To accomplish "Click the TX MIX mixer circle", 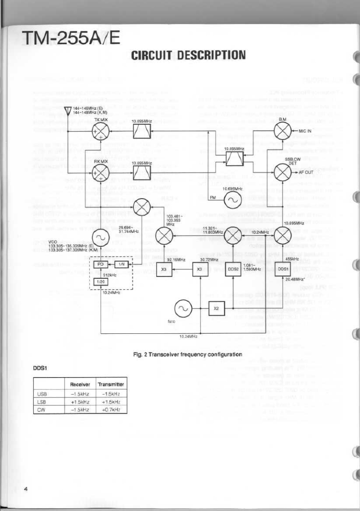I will pos(100,132).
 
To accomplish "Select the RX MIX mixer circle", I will pos(100,174).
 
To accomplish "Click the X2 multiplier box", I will pos(216,308).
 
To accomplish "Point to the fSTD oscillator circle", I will pos(183,308).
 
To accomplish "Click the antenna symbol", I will pos(67,111).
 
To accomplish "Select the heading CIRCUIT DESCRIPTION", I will pos(188,56).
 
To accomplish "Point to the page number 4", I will pos(25,489).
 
